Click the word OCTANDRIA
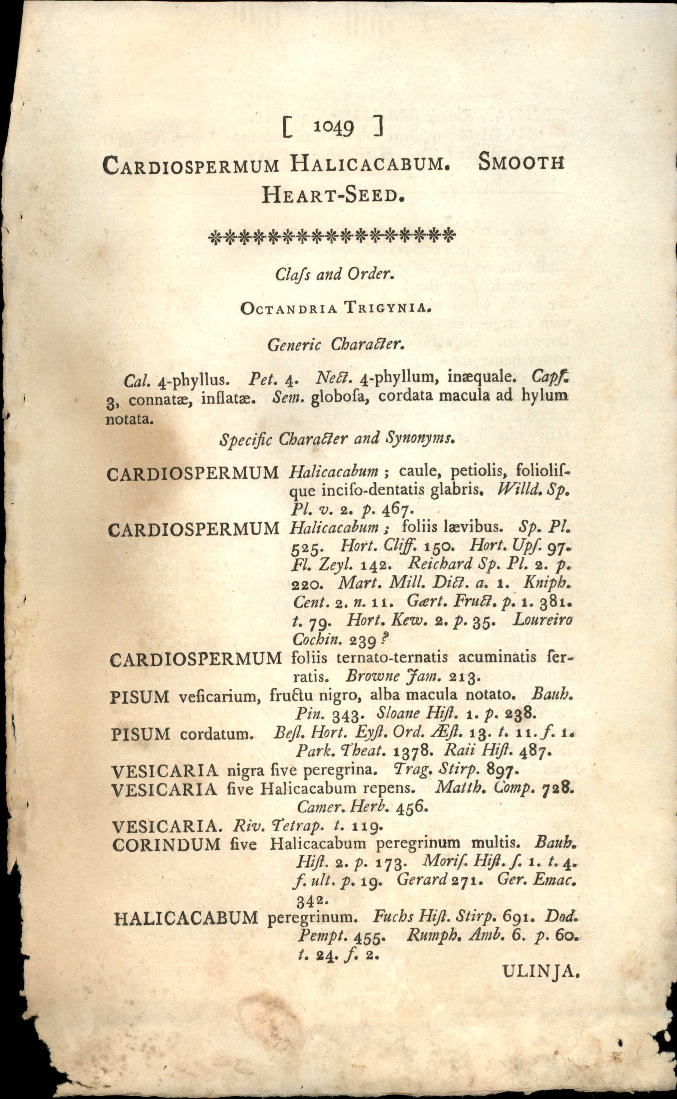click(289, 308)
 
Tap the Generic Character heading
click(336, 345)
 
